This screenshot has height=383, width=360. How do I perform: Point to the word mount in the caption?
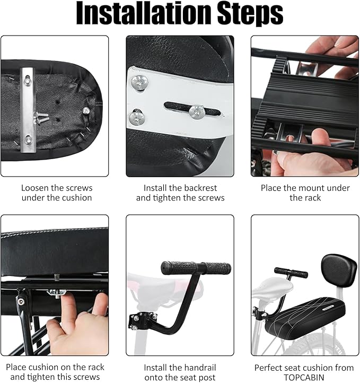[306, 188]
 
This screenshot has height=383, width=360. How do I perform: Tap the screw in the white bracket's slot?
[197, 111]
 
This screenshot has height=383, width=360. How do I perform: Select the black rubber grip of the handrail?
[196, 267]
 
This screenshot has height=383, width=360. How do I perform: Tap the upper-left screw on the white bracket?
[139, 82]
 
